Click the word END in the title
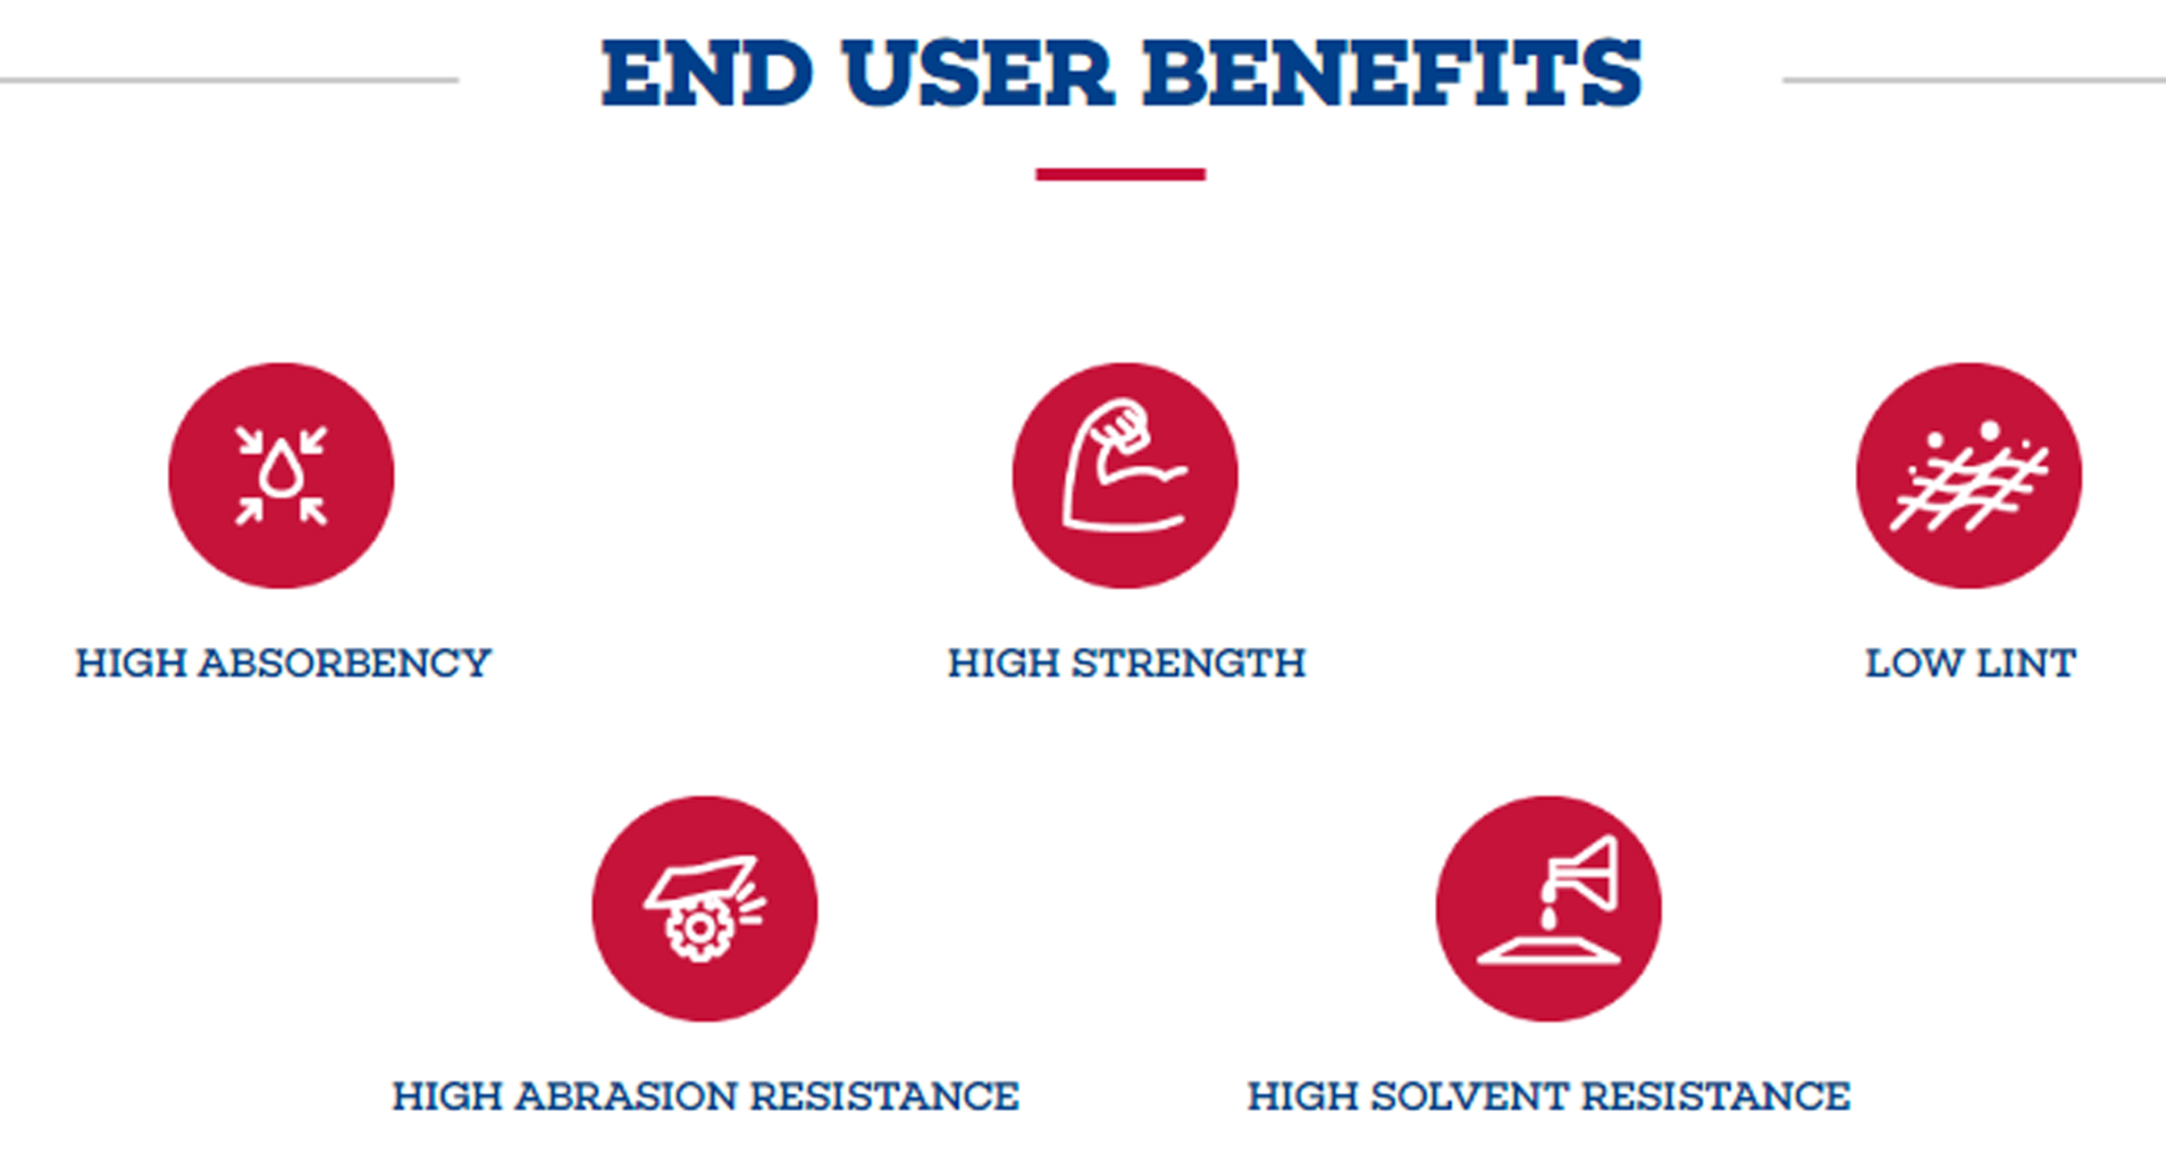[x=707, y=73]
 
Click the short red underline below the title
[x=1121, y=174]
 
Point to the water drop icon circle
[x=281, y=476]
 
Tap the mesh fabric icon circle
[x=1969, y=476]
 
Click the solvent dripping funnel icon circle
[x=1549, y=909]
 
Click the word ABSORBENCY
[x=344, y=663]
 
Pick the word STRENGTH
[x=1188, y=663]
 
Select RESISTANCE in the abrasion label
[x=884, y=1097]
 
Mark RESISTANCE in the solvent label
[x=1715, y=1097]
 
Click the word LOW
[x=1915, y=663]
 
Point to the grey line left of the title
[x=229, y=80]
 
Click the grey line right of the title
[x=1974, y=80]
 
